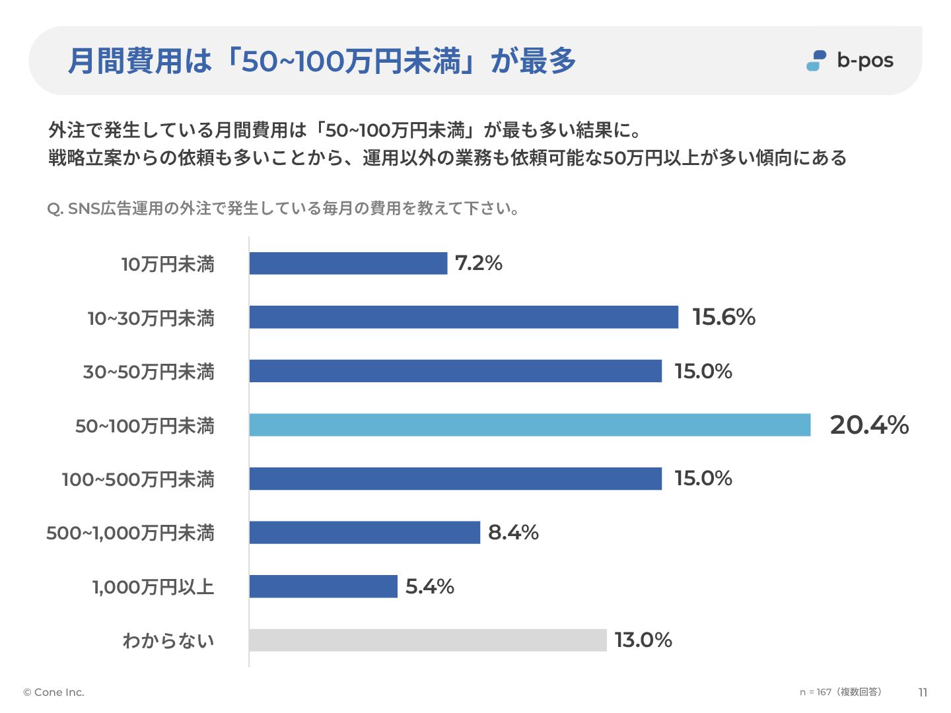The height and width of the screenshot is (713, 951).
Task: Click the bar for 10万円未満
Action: click(348, 263)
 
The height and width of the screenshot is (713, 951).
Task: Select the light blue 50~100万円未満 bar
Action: click(530, 425)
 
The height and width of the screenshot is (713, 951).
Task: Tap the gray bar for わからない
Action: click(427, 640)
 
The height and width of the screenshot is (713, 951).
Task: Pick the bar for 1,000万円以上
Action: click(323, 586)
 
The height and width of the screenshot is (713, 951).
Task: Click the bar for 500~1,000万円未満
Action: click(365, 532)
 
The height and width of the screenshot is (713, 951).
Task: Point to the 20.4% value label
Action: click(869, 425)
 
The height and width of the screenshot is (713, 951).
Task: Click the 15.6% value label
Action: click(724, 318)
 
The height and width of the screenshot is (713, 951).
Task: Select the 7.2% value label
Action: click(479, 263)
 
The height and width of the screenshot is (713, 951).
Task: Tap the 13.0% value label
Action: click(643, 640)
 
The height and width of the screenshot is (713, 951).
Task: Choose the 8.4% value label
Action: click(513, 532)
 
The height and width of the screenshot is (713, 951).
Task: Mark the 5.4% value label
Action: click(430, 586)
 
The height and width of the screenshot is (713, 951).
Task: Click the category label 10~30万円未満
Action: click(151, 318)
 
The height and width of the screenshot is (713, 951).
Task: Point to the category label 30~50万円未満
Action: click(149, 372)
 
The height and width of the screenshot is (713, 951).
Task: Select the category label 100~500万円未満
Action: click(138, 479)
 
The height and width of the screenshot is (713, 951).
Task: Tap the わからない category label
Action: click(168, 640)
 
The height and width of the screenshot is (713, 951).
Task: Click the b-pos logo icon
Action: click(817, 61)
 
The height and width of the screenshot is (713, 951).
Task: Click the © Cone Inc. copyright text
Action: click(54, 692)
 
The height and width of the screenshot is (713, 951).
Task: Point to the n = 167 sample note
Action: click(840, 692)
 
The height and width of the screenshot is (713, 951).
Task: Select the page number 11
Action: click(923, 693)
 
